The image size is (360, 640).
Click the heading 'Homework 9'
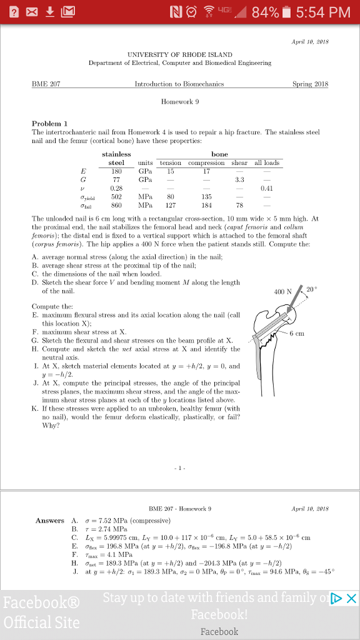point(180,101)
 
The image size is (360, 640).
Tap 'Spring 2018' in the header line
point(310,84)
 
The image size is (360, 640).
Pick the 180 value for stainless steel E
point(116,170)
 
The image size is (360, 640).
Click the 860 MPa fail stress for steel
point(116,203)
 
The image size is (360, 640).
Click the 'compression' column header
point(206,162)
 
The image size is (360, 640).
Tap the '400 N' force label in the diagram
point(282,291)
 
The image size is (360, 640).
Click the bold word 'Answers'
point(50,521)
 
